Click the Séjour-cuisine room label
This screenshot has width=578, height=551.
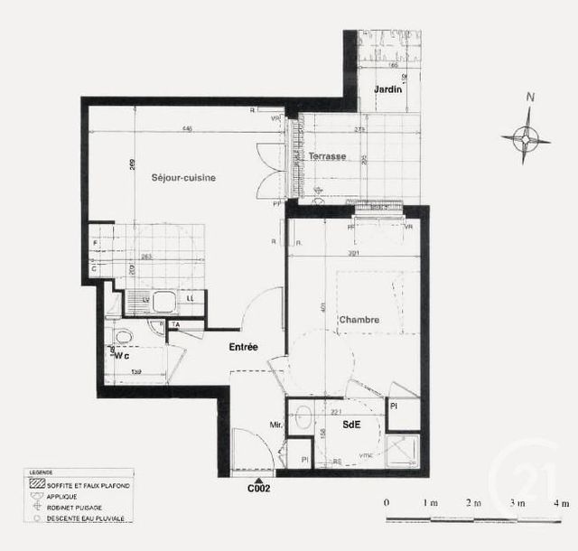183,178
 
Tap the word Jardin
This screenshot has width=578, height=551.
387,89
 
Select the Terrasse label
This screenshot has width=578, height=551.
327,156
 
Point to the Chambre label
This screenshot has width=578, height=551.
359,320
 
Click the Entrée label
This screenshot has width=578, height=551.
243,347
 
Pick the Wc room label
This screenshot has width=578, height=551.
122,356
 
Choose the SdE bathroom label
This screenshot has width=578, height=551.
352,425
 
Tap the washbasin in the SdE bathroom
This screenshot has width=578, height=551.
304,417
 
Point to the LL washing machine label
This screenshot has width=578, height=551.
190,299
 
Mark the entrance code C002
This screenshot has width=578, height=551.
259,489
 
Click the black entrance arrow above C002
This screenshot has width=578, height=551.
259,478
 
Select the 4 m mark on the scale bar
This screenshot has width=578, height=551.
561,502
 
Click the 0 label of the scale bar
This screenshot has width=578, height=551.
387,502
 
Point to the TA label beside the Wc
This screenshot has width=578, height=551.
175,323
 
